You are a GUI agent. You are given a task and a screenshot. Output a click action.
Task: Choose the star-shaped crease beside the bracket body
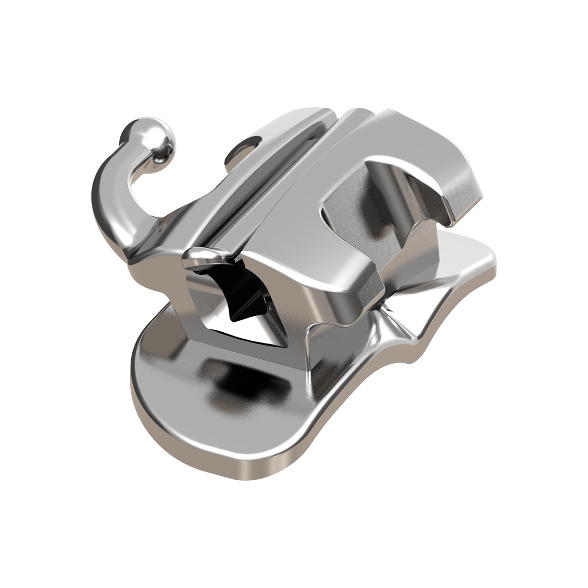pyautogui.click(x=389, y=318)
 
